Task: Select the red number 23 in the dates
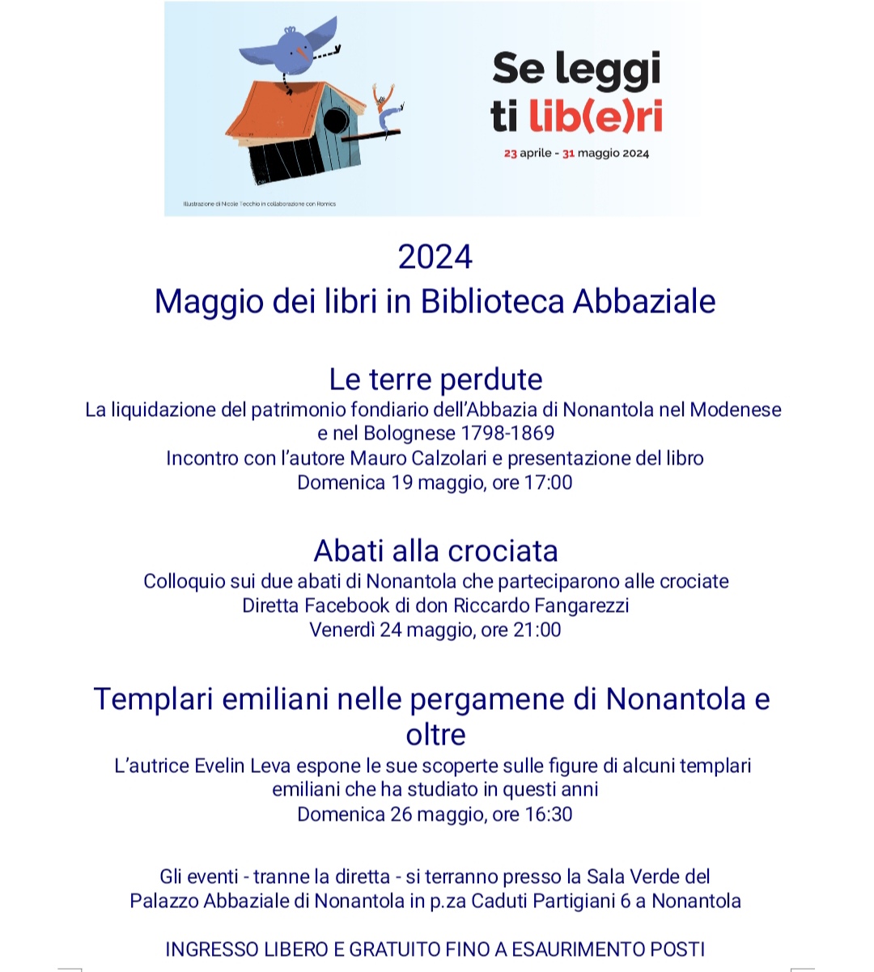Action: pos(510,153)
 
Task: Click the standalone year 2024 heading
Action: pos(435,257)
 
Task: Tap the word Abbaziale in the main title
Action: pos(644,301)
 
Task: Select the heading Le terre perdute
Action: pos(435,379)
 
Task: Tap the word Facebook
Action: pos(346,605)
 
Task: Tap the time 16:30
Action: pos(548,814)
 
